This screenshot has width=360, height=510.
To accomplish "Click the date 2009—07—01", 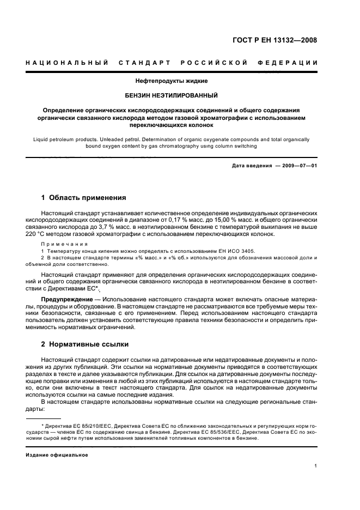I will point(297,166).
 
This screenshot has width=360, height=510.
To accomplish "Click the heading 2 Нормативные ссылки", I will point(86,344).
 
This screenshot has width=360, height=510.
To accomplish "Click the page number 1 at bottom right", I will point(316,466).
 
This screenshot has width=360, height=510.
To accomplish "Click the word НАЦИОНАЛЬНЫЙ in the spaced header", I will point(66,63).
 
